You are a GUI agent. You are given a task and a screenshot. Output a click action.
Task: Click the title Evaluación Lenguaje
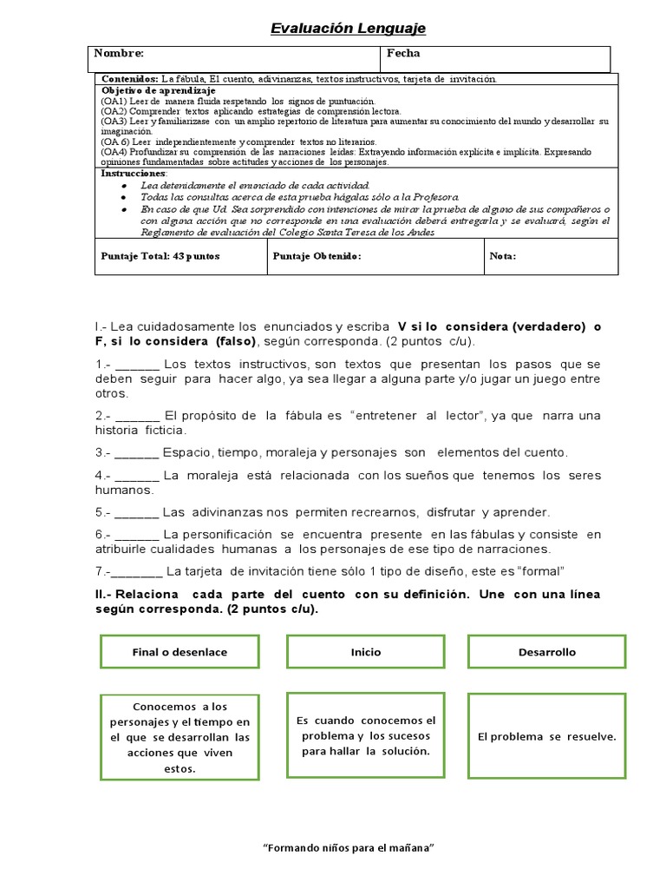348,30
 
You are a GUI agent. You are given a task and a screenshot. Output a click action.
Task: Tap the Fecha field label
403,54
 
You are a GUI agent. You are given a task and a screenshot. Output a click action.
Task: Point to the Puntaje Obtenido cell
317,256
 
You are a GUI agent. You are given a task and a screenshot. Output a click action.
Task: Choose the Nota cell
503,256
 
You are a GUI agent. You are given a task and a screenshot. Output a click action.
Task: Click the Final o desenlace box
180,652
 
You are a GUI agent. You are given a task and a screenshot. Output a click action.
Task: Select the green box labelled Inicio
365,652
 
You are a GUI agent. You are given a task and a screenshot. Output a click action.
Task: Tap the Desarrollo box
546,652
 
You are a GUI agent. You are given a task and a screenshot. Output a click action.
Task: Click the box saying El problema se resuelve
546,737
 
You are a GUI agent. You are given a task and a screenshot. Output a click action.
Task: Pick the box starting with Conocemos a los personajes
180,737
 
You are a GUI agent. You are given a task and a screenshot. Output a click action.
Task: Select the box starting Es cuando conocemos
365,735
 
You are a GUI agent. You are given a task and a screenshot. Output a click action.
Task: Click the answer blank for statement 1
137,365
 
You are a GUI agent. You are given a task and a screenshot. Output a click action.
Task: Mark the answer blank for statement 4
137,477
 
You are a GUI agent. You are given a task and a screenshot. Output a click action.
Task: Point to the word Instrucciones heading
134,173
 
